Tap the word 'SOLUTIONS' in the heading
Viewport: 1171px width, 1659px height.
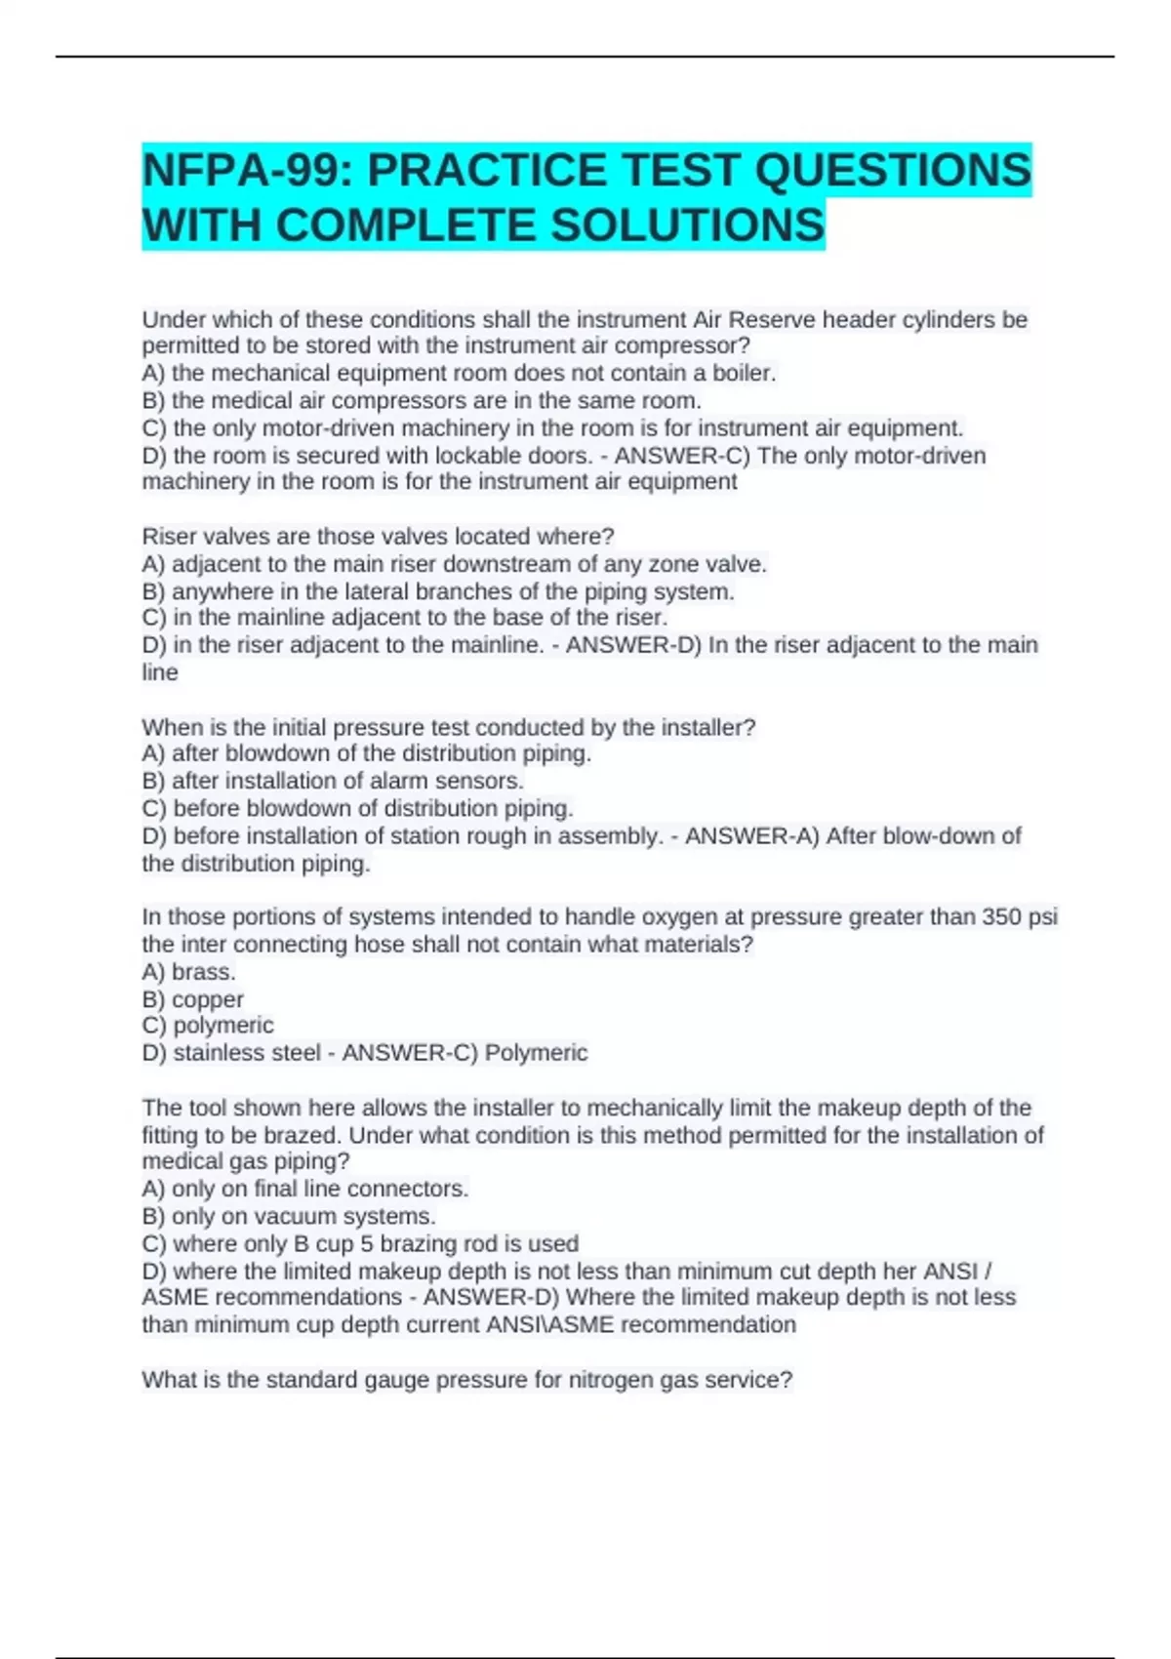click(688, 226)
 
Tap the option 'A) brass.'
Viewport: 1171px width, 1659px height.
click(189, 972)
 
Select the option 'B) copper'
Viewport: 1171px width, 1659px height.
click(193, 999)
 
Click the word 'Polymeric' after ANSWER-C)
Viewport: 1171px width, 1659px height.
click(537, 1053)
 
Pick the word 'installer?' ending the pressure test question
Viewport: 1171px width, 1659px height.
click(710, 727)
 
